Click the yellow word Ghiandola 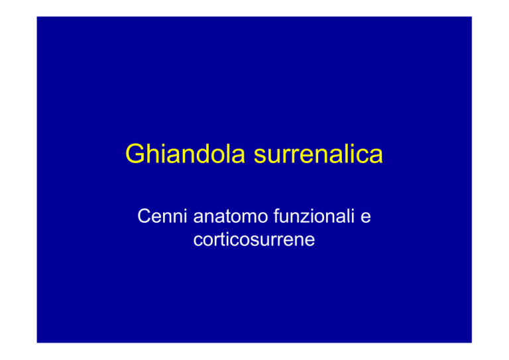[185, 154]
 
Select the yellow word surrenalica [318, 154]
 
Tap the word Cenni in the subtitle [162, 216]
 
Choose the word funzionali [314, 216]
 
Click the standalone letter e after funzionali [366, 218]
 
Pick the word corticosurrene [254, 239]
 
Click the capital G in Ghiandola [135, 154]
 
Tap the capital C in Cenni [144, 216]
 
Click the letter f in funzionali [276, 216]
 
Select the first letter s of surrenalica [260, 156]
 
